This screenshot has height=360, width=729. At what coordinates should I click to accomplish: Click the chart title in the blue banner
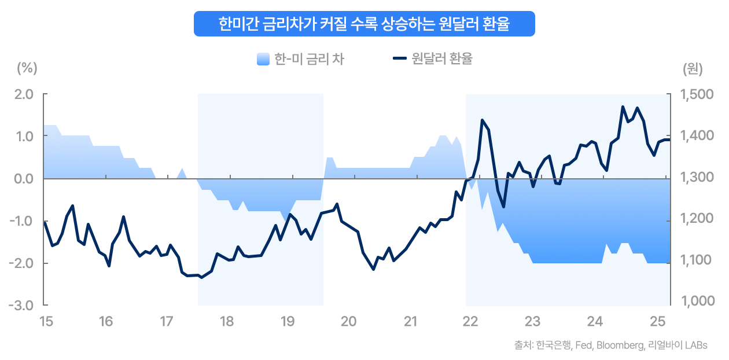[x=364, y=24]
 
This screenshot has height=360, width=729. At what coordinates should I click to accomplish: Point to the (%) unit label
[x=27, y=68]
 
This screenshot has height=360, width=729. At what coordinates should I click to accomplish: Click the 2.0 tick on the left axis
[x=24, y=94]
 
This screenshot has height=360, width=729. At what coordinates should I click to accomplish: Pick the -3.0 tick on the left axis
[x=23, y=306]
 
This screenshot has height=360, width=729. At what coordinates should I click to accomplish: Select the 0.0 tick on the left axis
[x=24, y=179]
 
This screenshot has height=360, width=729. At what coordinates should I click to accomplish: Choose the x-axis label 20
[x=348, y=321]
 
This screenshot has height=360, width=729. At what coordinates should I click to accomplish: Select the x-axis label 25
[x=657, y=321]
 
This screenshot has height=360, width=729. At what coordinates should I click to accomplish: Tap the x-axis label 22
[x=470, y=321]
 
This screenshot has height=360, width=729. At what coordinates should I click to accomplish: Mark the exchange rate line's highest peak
[x=623, y=106]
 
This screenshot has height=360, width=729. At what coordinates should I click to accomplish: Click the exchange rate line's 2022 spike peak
[x=483, y=120]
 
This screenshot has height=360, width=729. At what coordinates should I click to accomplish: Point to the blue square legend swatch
[x=263, y=59]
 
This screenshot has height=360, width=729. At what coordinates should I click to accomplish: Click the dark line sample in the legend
[x=399, y=58]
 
